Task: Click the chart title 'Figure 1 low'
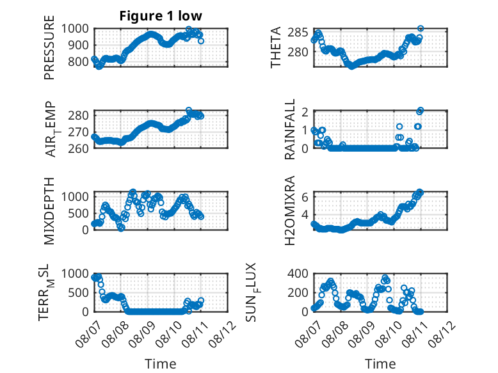161,16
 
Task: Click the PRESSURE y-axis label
49,47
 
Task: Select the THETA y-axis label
276,47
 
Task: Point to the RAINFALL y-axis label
290,129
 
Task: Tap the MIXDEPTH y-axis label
49,210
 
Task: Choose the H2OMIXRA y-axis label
290,210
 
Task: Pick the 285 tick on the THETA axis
298,32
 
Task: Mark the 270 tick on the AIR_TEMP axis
78,132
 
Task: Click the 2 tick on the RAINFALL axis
305,112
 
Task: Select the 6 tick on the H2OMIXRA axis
305,197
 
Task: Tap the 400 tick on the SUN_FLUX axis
298,273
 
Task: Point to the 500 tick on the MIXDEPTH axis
78,213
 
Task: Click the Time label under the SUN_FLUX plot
380,363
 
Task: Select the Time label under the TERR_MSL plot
161,363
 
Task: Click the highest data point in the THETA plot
421,29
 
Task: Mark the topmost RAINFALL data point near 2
421,110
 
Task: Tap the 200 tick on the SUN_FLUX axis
298,292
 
